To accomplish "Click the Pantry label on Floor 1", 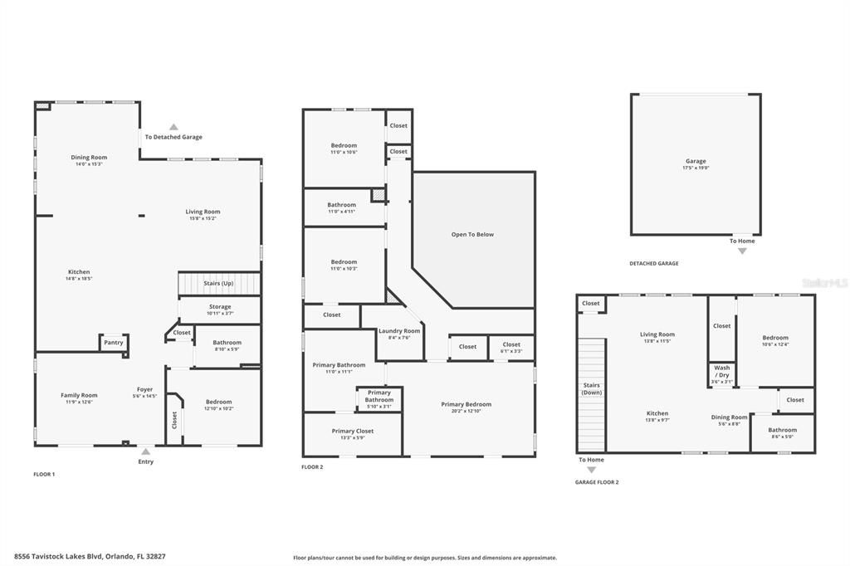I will click(x=114, y=342).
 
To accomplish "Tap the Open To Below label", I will click(x=472, y=234).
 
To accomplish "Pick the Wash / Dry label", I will click(x=722, y=371).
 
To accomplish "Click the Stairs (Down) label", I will click(x=591, y=388).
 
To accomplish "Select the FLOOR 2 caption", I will click(x=312, y=467).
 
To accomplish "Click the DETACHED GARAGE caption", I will click(x=653, y=263).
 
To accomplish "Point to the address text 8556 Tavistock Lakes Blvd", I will click(x=95, y=557).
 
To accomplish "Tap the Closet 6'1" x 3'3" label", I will click(x=511, y=347).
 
